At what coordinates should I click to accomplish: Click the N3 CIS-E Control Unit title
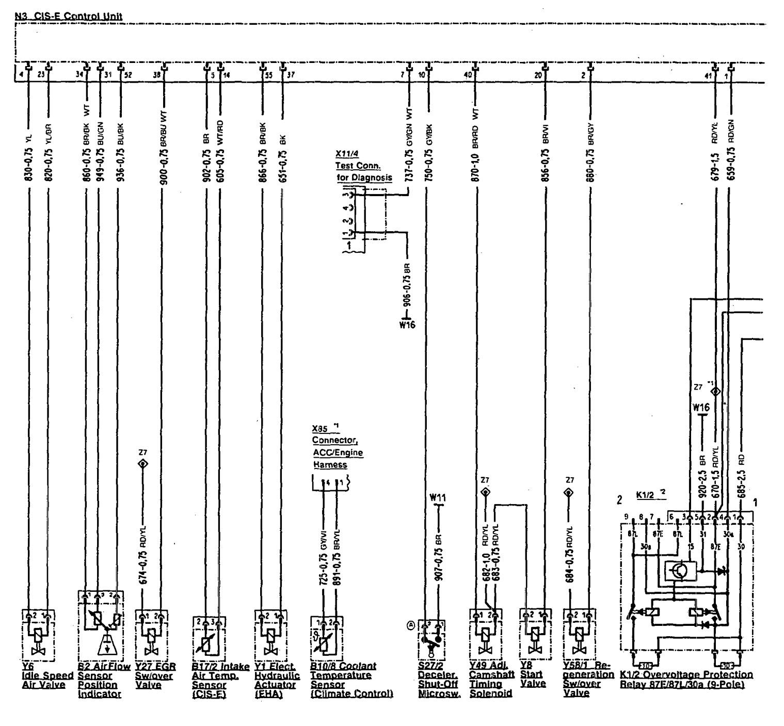coord(69,16)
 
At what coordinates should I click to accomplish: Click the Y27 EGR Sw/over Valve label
coord(155,675)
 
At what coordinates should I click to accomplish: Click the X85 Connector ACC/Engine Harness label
coord(337,447)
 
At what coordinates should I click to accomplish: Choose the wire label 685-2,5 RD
coord(741,476)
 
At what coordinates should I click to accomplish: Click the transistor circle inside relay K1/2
coord(676,570)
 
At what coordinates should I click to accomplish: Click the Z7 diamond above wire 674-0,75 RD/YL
coord(142,463)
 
